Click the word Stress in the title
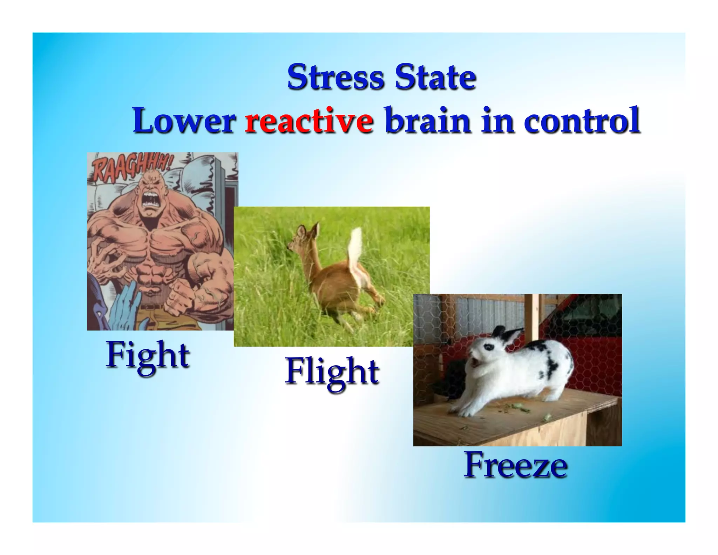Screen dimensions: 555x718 [x=336, y=77]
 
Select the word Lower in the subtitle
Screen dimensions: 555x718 [x=184, y=121]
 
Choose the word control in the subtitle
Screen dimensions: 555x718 [x=582, y=121]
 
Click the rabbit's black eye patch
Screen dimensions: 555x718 [x=488, y=347]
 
